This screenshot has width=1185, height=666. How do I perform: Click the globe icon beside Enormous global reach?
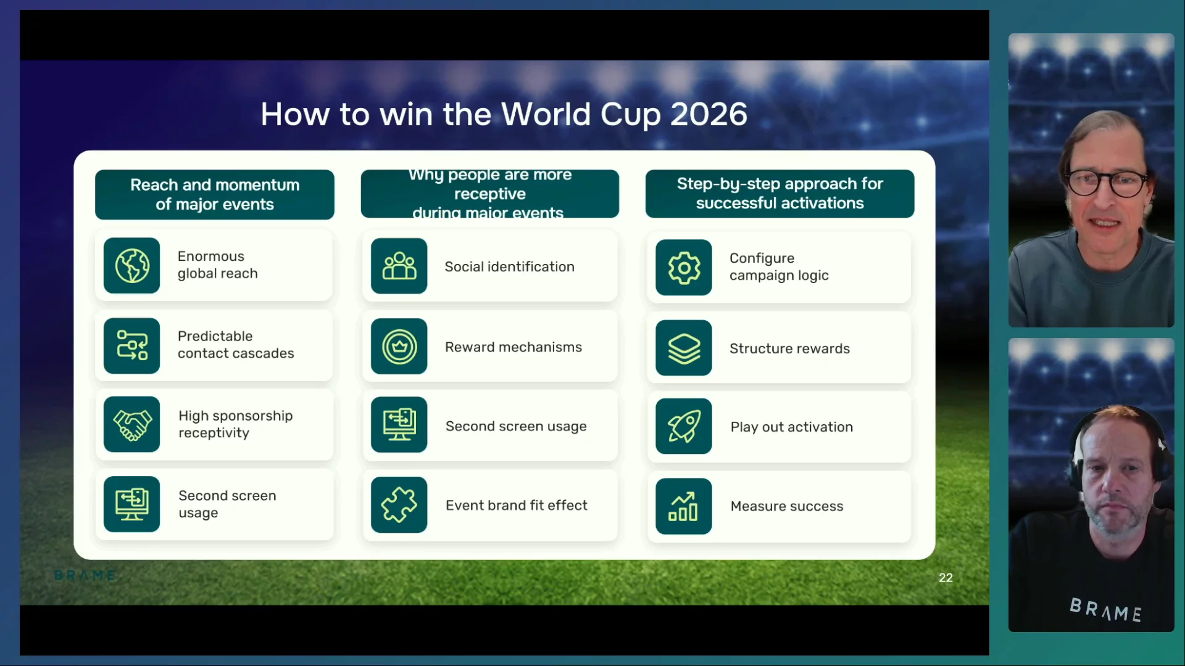pos(131,266)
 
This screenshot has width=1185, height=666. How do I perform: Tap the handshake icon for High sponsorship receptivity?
pos(131,425)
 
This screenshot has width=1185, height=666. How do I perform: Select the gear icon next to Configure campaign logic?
pos(684,268)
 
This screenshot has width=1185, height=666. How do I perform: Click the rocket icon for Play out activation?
pos(684,427)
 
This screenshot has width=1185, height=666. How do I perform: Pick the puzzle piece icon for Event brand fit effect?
pos(399,505)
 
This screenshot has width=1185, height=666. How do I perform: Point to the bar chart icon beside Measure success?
pos(684,506)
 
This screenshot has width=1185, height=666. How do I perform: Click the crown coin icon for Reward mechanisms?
pos(399,347)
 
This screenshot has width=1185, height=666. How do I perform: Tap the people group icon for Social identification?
pos(399,266)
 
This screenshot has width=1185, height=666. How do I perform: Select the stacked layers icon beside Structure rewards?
pos(684,348)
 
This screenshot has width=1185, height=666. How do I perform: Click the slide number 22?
pos(946,578)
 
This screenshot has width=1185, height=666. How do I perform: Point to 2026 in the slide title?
pos(709,115)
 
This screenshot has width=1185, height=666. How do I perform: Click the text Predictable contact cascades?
pos(236,345)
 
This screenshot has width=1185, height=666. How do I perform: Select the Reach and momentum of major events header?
pos(215,195)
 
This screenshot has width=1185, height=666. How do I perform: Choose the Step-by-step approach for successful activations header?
pos(780,194)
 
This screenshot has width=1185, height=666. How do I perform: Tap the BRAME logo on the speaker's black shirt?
pos(1105,610)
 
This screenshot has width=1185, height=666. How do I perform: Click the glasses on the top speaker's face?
pos(1108,183)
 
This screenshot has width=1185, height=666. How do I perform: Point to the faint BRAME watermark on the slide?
pos(85,576)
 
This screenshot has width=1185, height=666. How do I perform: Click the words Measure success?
pos(787,506)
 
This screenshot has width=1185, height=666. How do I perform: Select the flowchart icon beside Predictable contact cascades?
pos(131,346)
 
